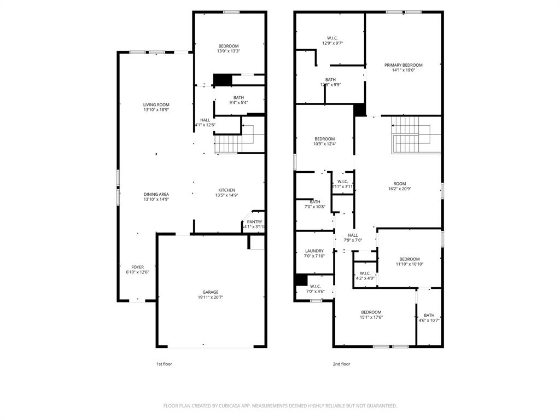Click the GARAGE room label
(x=211, y=292)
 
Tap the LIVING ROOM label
(x=156, y=104)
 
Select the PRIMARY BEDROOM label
(x=403, y=65)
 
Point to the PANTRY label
(x=254, y=221)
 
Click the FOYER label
(x=137, y=267)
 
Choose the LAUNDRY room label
(x=314, y=251)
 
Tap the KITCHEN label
(x=226, y=190)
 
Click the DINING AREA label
(x=156, y=194)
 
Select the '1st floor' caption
(x=164, y=364)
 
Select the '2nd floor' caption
(x=341, y=364)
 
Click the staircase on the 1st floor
(x=229, y=144)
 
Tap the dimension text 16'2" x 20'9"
(x=400, y=189)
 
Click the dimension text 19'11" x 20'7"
(x=211, y=297)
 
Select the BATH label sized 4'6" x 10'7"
(x=429, y=315)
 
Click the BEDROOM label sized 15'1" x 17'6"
(x=371, y=312)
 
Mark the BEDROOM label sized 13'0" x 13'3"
(x=229, y=46)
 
